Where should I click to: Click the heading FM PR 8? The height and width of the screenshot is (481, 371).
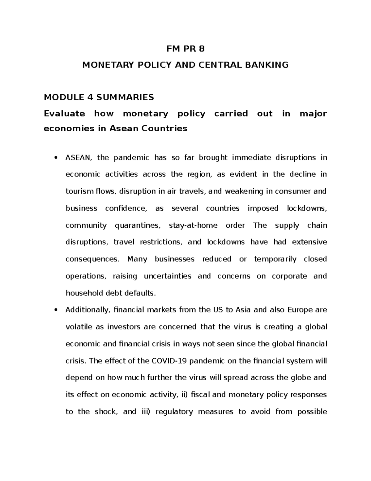pyautogui.click(x=185, y=49)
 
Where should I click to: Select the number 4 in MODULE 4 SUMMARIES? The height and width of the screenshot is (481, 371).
pyautogui.click(x=90, y=97)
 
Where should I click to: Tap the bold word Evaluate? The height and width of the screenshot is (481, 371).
pyautogui.click(x=64, y=114)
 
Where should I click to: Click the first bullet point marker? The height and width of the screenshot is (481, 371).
pyautogui.click(x=56, y=158)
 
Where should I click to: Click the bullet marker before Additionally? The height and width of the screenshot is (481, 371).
pyautogui.click(x=56, y=310)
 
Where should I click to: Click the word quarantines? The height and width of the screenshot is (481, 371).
pyautogui.click(x=138, y=225)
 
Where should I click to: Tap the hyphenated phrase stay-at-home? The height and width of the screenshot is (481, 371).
pyautogui.click(x=193, y=225)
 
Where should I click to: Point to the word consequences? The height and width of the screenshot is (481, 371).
pyautogui.click(x=92, y=259)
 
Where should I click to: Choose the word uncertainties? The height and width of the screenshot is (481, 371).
pyautogui.click(x=168, y=276)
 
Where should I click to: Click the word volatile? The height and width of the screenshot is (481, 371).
pyautogui.click(x=79, y=327)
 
